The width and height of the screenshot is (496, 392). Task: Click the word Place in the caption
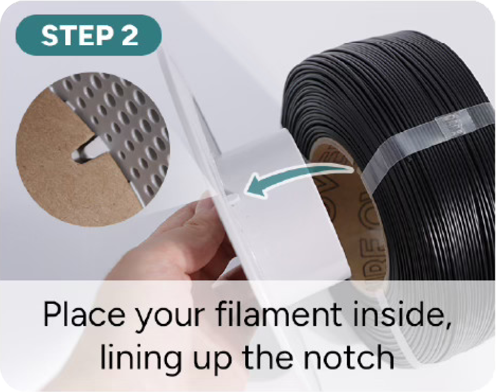point(84,314)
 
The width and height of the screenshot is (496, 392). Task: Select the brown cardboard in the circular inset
point(70,168)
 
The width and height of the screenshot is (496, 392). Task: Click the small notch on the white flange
point(234,200)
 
